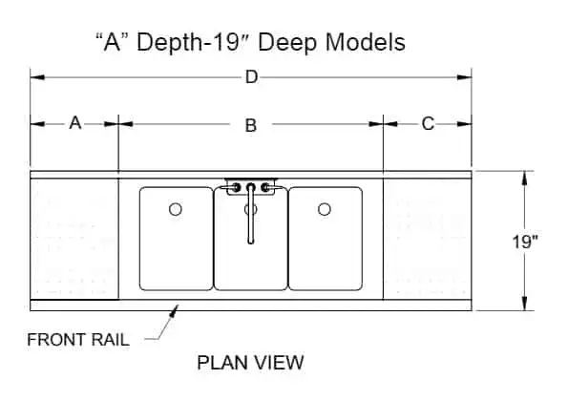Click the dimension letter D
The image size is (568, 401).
(251, 76)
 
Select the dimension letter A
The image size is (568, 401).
(75, 123)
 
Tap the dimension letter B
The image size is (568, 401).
(251, 125)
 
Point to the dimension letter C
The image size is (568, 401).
(428, 123)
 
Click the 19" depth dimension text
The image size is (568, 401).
(525, 242)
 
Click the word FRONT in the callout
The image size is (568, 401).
(56, 340)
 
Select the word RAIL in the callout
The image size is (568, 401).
(110, 340)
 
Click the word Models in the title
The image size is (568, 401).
(365, 42)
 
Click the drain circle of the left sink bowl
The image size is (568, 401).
(176, 209)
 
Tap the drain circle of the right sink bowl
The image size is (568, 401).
(325, 209)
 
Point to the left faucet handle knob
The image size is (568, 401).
(236, 188)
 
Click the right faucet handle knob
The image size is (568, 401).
(265, 188)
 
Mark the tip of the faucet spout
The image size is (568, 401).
(251, 242)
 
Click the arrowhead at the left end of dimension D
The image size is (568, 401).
(37, 77)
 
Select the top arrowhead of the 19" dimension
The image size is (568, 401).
(524, 179)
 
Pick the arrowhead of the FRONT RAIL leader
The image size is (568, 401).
(175, 311)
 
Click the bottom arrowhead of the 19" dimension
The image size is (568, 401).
(524, 304)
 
